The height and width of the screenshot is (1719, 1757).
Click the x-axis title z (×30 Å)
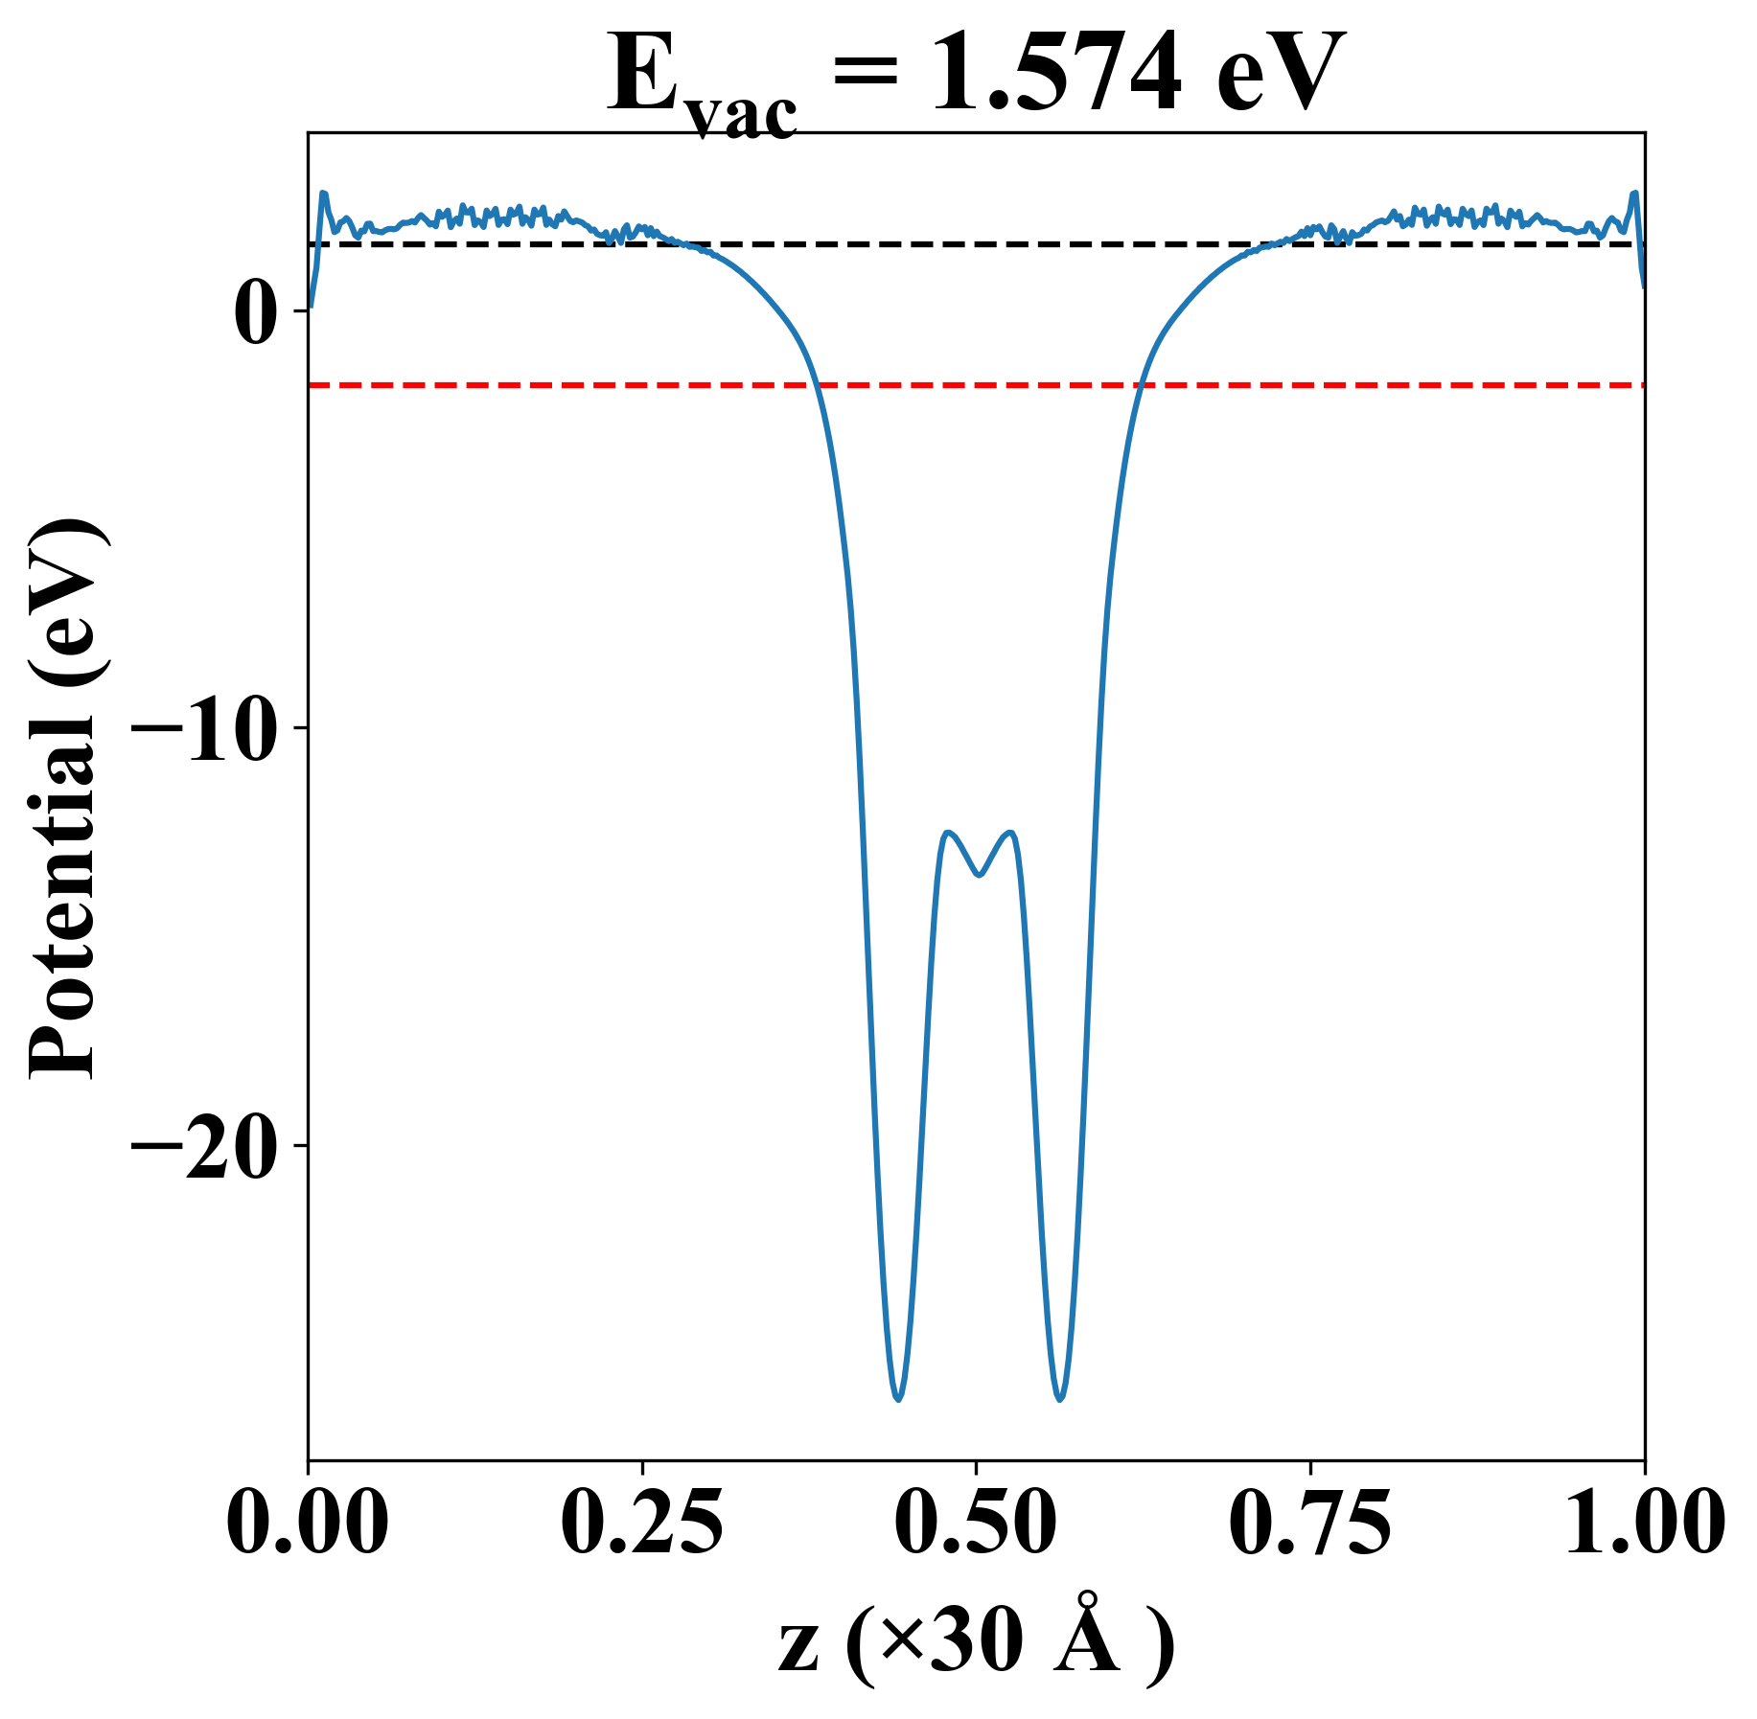[x=976, y=1646]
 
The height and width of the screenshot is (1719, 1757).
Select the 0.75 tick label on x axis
[x=1309, y=1522]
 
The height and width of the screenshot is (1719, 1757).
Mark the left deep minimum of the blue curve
[x=898, y=1400]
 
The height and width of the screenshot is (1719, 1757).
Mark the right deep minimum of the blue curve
[x=1059, y=1400]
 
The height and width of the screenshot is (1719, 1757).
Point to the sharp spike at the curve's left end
[x=324, y=194]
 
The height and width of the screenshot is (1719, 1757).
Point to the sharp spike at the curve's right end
[x=1634, y=194]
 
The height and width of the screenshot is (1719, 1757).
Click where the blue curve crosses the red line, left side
[x=817, y=385]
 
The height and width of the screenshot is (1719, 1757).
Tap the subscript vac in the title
[x=743, y=115]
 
